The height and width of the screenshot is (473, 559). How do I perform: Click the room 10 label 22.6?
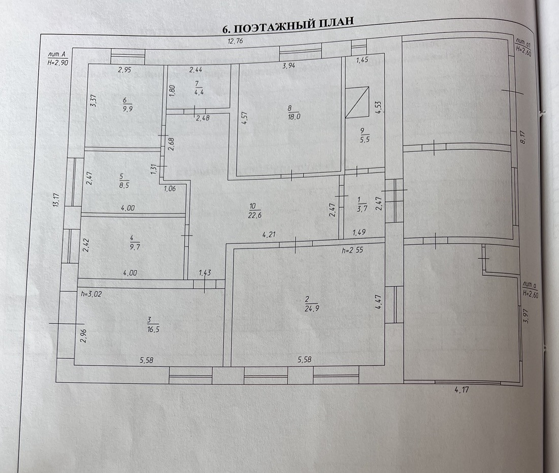(253, 210)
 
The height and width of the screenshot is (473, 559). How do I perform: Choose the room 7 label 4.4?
(199, 88)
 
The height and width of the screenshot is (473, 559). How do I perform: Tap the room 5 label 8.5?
(121, 181)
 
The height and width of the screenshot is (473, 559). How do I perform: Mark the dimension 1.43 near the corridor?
(205, 273)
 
